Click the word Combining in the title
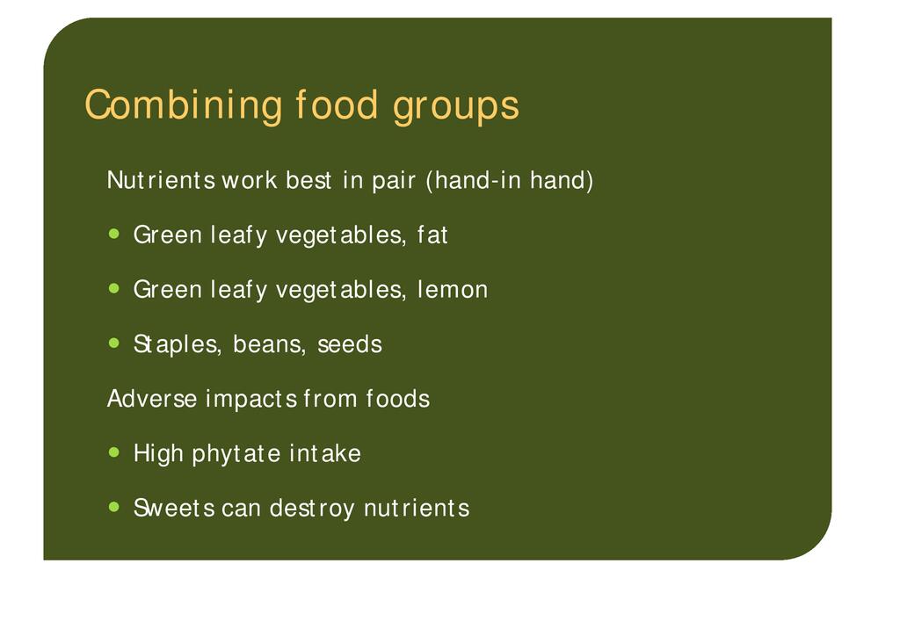pyautogui.click(x=184, y=105)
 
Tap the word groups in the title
pyautogui.click(x=456, y=106)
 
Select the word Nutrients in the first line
pyautogui.click(x=162, y=180)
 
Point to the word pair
pyautogui.click(x=394, y=181)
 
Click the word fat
pyautogui.click(x=432, y=235)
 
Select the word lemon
pyautogui.click(x=453, y=289)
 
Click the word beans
pyautogui.click(x=269, y=344)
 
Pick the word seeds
pyautogui.click(x=350, y=344)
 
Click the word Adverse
pyautogui.click(x=152, y=399)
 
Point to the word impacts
pyautogui.click(x=251, y=399)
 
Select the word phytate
pyautogui.click(x=236, y=454)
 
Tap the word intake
pyautogui.click(x=325, y=453)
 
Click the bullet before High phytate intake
pyautogui.click(x=114, y=452)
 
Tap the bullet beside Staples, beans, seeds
pyautogui.click(x=114, y=343)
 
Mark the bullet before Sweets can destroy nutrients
pyautogui.click(x=114, y=507)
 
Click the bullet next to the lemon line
pyautogui.click(x=114, y=288)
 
